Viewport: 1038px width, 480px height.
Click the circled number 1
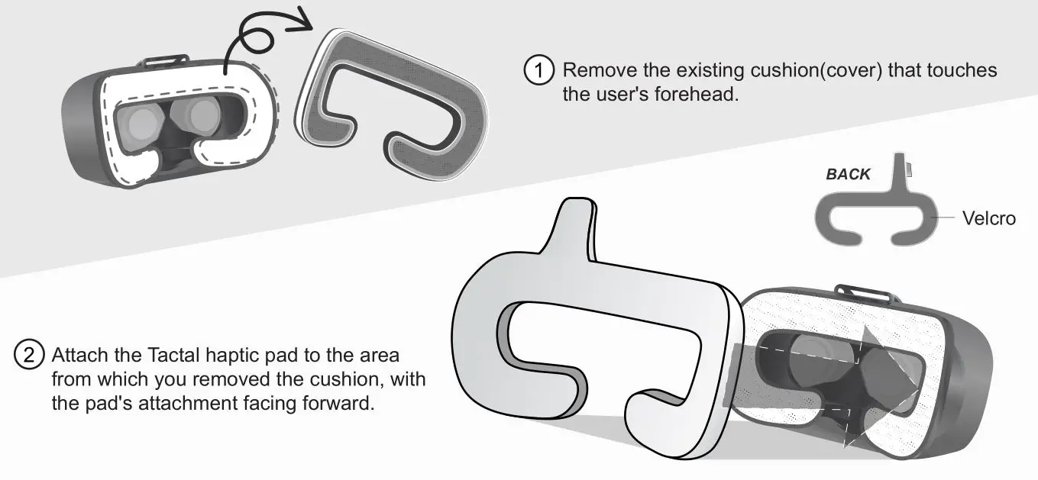pos(538,70)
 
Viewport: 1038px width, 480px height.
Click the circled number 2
pos(29,355)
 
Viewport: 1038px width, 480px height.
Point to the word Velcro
pos(989,219)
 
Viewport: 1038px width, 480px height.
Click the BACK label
pos(848,174)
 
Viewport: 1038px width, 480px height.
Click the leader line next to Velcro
pos(946,218)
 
